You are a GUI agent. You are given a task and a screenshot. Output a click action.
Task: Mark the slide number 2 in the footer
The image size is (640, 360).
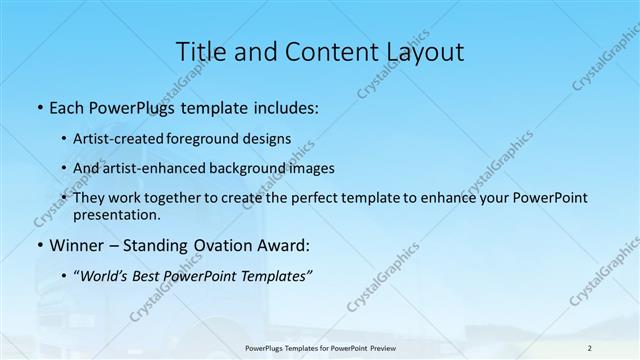(590, 347)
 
